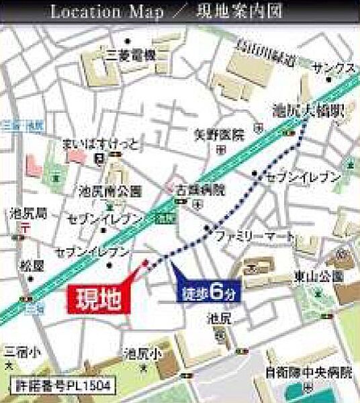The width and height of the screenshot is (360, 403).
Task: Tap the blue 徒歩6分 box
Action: click(208, 291)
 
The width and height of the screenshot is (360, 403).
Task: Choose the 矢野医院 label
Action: click(218, 134)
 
